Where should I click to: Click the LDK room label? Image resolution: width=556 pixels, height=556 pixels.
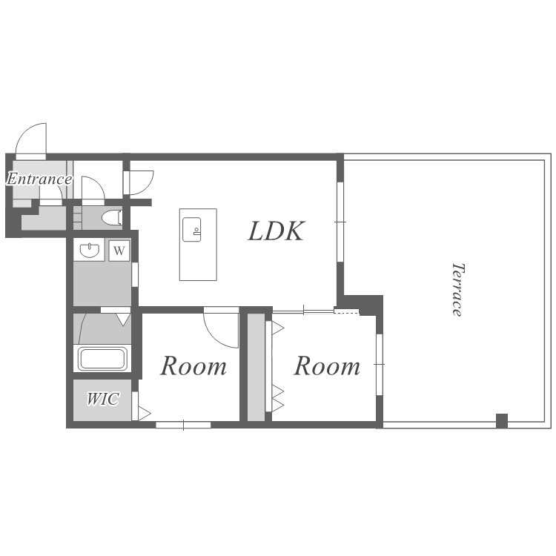(x=276, y=231)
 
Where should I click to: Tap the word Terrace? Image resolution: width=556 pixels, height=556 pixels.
(x=457, y=289)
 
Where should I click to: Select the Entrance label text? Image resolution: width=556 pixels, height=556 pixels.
(x=39, y=179)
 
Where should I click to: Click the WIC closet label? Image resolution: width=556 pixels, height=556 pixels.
(x=102, y=399)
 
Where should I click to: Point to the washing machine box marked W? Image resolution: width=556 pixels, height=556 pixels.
(x=119, y=251)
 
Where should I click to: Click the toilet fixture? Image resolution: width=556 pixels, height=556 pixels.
(x=112, y=218)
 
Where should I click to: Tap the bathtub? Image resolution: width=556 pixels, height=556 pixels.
(x=102, y=359)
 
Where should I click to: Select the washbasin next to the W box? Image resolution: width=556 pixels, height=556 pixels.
(x=89, y=251)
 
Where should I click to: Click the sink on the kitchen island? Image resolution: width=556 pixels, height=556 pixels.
(x=191, y=230)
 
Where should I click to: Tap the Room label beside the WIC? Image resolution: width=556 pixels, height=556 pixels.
(x=193, y=366)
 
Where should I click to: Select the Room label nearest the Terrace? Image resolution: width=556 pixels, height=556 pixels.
(x=327, y=366)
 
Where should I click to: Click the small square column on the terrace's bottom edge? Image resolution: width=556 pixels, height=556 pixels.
(x=502, y=421)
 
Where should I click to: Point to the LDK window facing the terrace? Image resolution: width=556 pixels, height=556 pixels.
(x=340, y=222)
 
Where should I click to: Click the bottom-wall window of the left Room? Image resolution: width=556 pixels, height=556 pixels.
(x=183, y=425)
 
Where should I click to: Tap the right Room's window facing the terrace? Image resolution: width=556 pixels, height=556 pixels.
(x=380, y=364)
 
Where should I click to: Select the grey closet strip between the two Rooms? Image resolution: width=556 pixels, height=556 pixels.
(x=256, y=368)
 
